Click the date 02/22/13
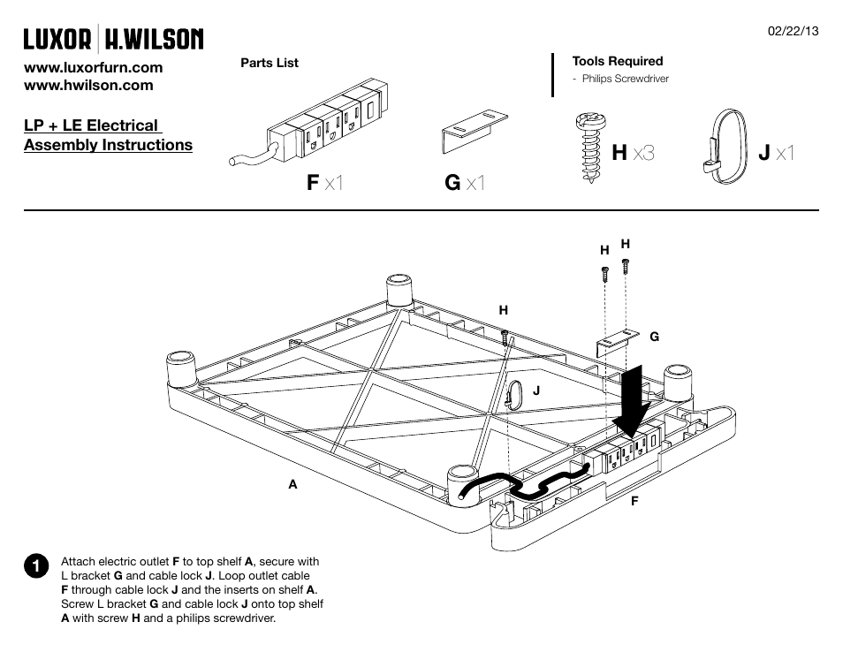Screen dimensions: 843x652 [793, 31]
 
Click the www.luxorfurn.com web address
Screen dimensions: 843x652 [93, 68]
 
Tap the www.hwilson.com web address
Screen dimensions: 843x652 [88, 85]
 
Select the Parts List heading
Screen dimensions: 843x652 [270, 63]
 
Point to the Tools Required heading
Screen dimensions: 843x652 [617, 61]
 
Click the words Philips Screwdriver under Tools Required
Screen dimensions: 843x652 [626, 79]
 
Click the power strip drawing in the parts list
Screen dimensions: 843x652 [308, 123]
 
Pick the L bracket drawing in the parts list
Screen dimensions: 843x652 [475, 132]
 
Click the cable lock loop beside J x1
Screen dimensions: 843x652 [725, 147]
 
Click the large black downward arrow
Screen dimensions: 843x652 [633, 400]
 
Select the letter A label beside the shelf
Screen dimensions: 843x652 [292, 484]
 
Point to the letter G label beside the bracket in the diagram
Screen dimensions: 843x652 [654, 337]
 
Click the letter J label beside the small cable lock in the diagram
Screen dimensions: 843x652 [536, 390]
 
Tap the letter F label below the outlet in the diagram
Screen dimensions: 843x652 [634, 501]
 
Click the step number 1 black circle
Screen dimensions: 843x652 [36, 566]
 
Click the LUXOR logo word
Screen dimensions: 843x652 [57, 39]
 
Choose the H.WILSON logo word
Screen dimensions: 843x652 [154, 39]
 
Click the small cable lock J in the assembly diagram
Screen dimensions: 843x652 [514, 395]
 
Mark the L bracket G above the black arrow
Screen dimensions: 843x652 [618, 343]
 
